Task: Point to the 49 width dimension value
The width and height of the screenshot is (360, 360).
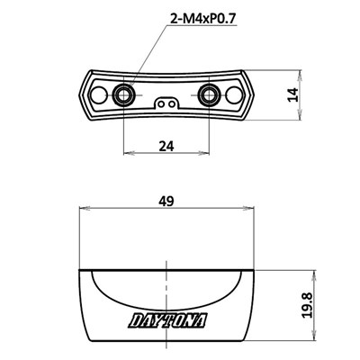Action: tap(167, 203)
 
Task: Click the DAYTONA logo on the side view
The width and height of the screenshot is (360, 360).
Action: tap(167, 320)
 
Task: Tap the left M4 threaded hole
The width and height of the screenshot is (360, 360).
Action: tap(124, 93)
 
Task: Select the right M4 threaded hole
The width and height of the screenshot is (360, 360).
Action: tap(211, 93)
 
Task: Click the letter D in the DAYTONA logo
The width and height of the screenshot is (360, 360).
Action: tap(134, 320)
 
